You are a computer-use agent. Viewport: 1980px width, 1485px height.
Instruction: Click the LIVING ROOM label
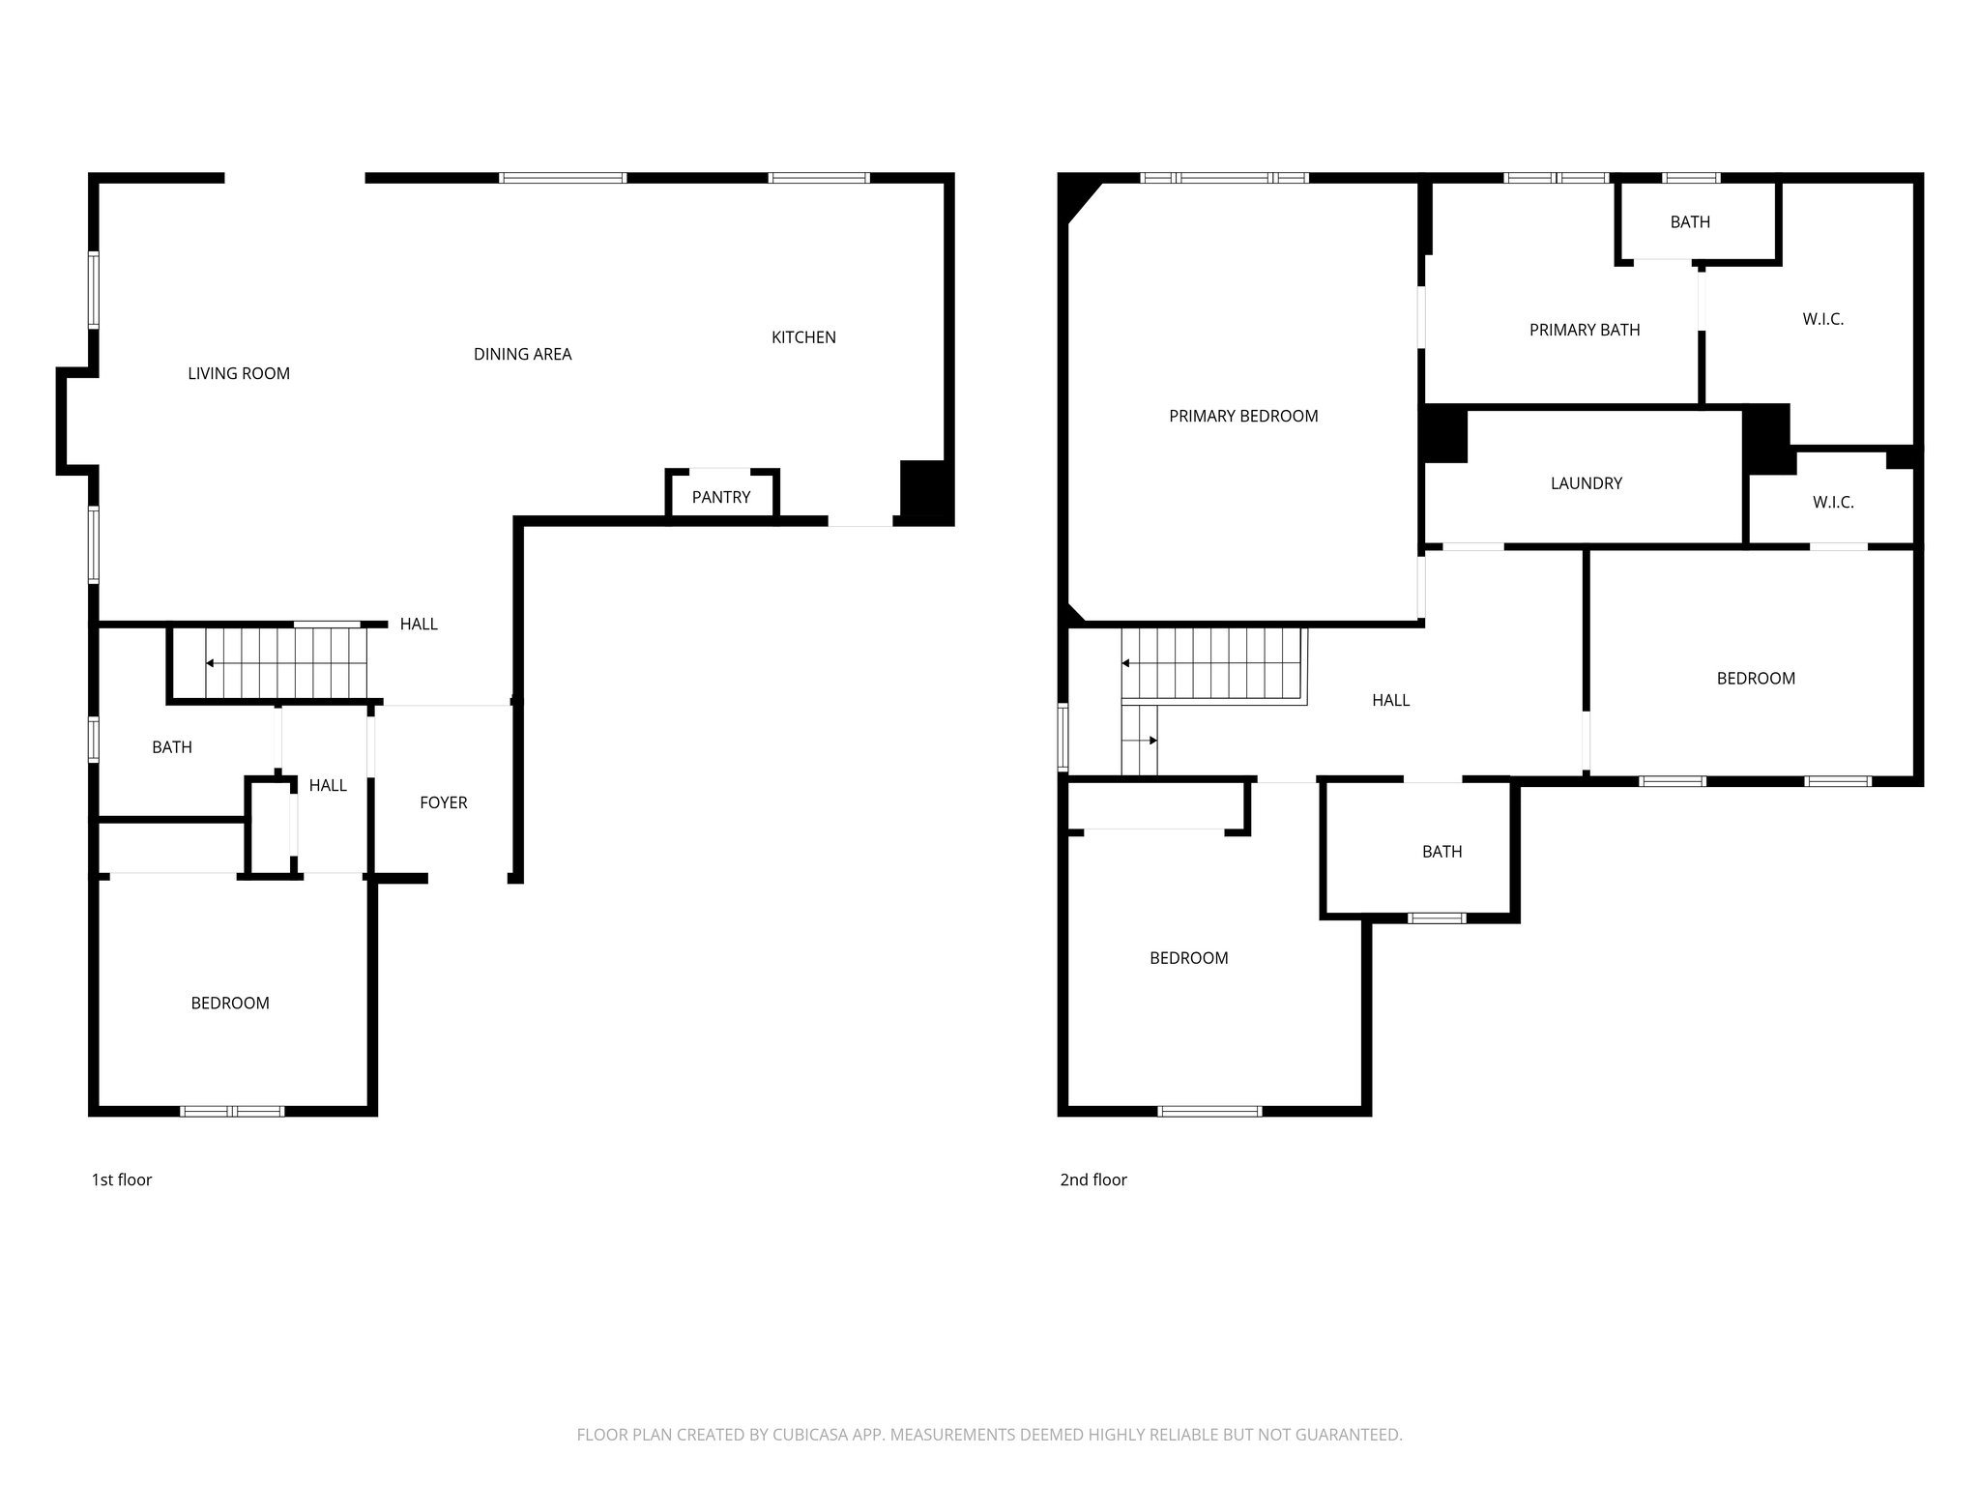coord(239,373)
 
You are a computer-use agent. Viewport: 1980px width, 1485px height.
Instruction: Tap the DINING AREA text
coord(522,354)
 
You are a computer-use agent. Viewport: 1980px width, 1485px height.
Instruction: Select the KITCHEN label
coord(803,337)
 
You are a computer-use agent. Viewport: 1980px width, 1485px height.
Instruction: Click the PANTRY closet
coord(721,497)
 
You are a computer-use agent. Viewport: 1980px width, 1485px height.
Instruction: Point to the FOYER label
coord(444,802)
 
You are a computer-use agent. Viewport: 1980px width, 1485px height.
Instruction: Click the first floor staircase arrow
coord(210,663)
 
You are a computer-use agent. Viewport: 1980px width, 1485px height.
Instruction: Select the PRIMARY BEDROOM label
coord(1243,416)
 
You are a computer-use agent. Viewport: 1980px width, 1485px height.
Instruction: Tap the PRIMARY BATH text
coord(1585,330)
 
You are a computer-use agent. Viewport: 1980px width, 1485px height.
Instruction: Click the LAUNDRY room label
coord(1586,483)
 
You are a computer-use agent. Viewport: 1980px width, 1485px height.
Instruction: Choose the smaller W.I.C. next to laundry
coord(1833,503)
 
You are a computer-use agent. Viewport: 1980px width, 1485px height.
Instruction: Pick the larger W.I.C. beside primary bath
coord(1822,319)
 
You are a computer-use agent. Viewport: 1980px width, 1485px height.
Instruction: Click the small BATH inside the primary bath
coord(1690,222)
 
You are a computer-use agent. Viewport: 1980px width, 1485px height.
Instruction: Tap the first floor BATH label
coord(172,747)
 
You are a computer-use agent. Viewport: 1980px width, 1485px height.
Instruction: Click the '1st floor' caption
coord(122,1179)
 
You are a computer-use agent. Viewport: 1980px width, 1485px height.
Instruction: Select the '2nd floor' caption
coord(1093,1179)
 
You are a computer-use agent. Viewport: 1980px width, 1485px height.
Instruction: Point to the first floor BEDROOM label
coord(230,1004)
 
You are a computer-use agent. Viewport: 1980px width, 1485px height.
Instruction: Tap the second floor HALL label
coord(1390,700)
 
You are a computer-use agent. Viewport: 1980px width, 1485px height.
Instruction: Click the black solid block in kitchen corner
coord(926,492)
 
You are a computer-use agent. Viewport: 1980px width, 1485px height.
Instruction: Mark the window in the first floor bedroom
coord(233,1112)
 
